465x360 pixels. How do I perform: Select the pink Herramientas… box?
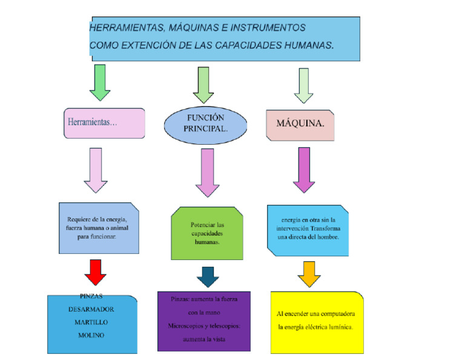point(105,123)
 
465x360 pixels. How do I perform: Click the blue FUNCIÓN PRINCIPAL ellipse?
point(205,124)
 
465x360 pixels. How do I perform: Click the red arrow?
point(95,272)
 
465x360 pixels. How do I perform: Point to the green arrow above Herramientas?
point(100,82)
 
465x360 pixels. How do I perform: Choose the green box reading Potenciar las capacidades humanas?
point(207,233)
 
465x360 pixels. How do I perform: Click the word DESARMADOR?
point(91,309)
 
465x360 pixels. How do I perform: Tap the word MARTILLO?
point(91,322)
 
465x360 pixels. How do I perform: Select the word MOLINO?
point(91,335)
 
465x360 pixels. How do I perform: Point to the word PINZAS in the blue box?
point(91,296)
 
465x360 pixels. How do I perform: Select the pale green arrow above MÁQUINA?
point(303,84)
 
